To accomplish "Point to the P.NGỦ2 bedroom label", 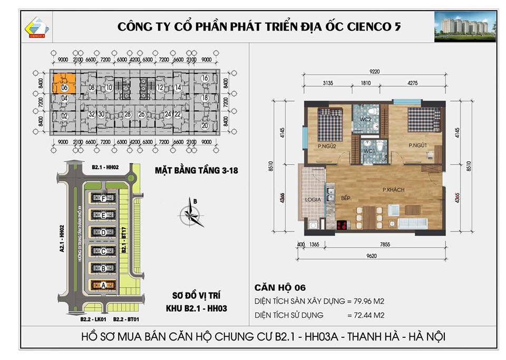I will (326, 146).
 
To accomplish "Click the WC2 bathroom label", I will (366, 120).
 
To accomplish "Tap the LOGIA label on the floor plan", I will (313, 200).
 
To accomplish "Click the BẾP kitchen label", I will (346, 198).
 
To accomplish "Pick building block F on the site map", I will (103, 198).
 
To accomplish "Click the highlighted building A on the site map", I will (103, 285).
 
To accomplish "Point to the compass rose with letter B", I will (191, 213).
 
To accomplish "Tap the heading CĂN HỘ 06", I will (280, 287).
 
